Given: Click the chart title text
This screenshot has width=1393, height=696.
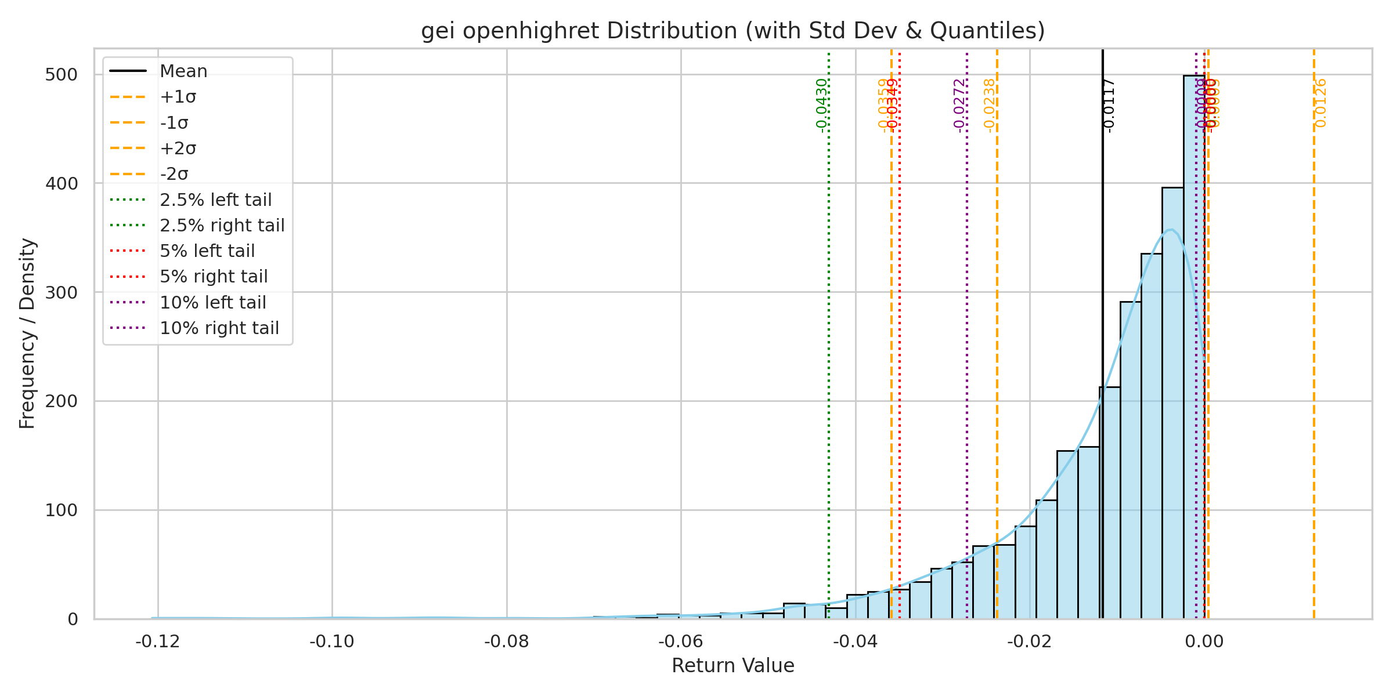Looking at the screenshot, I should click(732, 31).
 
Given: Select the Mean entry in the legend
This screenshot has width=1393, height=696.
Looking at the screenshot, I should click(183, 71).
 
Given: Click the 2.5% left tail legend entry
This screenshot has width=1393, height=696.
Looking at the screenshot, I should click(215, 200).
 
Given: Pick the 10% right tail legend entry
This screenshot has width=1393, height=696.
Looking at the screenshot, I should click(219, 328).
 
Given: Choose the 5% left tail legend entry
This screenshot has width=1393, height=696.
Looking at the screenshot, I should click(207, 251).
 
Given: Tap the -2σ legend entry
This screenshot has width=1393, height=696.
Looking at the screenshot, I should click(174, 174).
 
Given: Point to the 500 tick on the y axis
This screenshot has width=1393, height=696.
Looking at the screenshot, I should click(61, 75).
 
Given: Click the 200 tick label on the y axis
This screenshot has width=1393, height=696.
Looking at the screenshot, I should click(61, 401).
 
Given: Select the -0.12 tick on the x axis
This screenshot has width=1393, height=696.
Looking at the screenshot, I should click(158, 641).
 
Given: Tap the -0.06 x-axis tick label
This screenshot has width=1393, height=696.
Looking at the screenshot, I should click(681, 641).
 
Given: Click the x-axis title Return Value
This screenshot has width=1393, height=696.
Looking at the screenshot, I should click(732, 666).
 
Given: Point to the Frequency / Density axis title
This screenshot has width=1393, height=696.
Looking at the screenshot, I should click(27, 333).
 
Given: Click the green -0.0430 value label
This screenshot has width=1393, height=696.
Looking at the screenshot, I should click(821, 106).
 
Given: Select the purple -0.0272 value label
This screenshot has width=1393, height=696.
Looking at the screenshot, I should click(959, 106).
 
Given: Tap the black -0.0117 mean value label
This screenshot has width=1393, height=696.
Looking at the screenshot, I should click(1108, 106).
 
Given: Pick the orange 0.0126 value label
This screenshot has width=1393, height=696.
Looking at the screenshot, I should click(1320, 103).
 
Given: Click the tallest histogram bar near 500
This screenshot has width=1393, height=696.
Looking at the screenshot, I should click(1194, 348).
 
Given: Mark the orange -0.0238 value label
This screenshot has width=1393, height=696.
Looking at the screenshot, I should click(990, 106).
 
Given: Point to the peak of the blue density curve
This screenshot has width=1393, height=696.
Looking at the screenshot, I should click(1171, 230).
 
